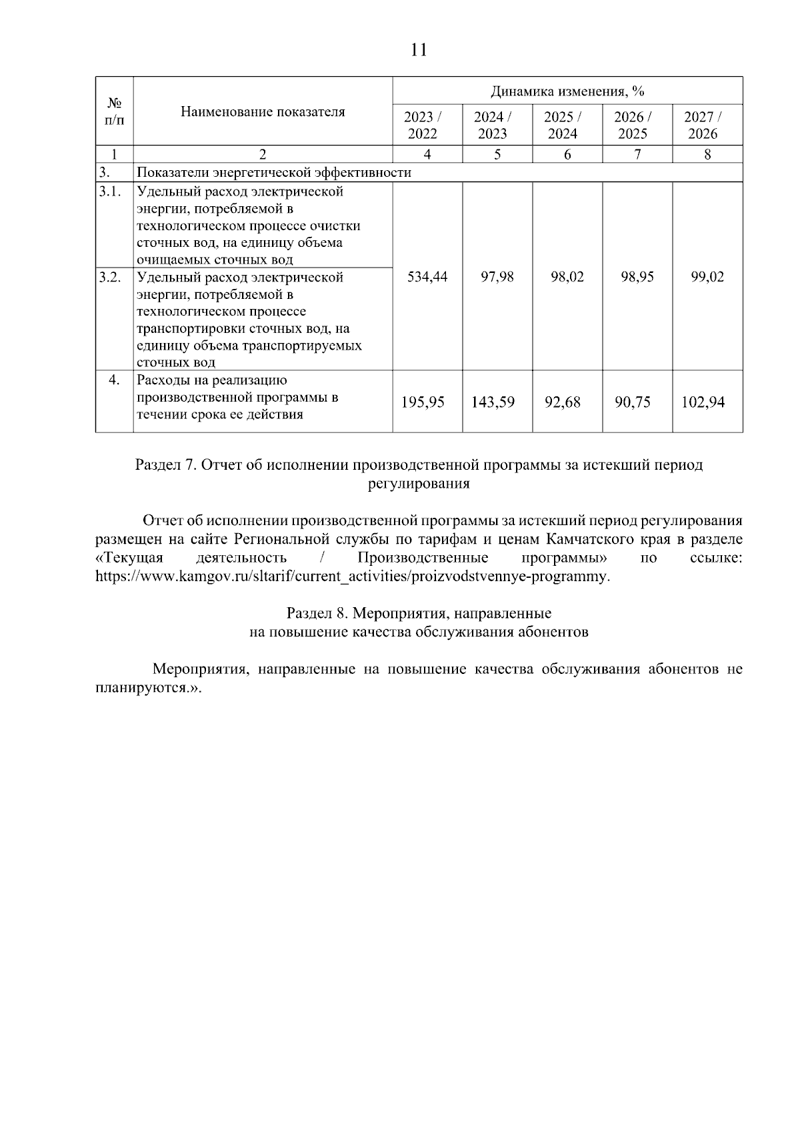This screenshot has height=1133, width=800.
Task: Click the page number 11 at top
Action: click(419, 50)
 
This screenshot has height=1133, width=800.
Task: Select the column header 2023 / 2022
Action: click(423, 125)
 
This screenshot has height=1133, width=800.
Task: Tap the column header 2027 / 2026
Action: click(703, 125)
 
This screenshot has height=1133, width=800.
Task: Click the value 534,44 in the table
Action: click(427, 276)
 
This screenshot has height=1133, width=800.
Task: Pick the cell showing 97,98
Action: click(497, 276)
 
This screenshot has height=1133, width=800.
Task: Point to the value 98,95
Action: click(637, 276)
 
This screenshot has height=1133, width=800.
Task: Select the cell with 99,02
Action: click(707, 276)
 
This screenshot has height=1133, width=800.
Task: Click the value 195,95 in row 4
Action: click(423, 402)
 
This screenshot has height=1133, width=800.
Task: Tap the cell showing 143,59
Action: click(493, 402)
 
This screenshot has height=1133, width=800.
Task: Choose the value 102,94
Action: click(703, 402)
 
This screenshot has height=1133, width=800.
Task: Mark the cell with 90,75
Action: click(633, 402)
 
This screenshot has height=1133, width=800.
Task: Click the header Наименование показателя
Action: click(263, 111)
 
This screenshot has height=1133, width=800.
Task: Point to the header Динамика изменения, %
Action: click(567, 91)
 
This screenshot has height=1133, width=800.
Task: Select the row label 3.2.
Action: click(110, 277)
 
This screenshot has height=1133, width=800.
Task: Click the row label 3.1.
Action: click(110, 192)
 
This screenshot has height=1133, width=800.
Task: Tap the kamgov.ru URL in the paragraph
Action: click(352, 576)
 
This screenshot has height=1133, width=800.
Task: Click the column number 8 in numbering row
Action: click(707, 154)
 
